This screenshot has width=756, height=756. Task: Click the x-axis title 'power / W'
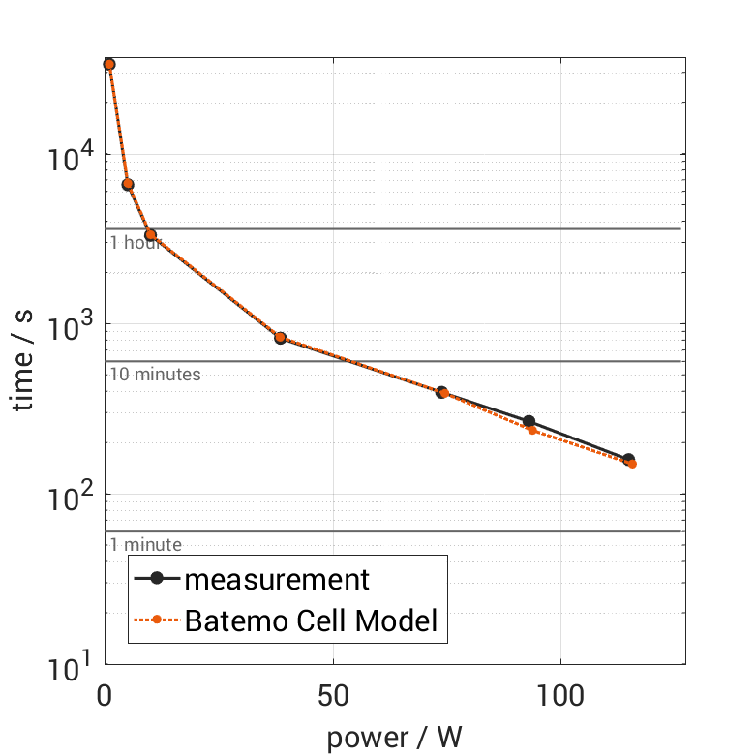(x=394, y=738)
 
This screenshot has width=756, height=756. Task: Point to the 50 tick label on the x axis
(x=333, y=696)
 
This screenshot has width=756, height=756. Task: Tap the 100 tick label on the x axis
(x=560, y=696)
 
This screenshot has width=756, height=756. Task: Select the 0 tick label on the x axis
(x=106, y=696)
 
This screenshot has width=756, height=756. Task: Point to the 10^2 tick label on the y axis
(x=71, y=495)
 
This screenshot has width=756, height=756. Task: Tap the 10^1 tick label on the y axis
(x=71, y=664)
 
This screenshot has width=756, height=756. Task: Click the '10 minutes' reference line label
(x=155, y=375)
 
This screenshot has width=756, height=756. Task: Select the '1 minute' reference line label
(x=145, y=545)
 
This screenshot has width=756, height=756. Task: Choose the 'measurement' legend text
(x=277, y=580)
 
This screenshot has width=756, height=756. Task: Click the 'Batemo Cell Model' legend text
(x=312, y=620)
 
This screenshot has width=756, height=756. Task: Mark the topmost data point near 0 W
(x=109, y=64)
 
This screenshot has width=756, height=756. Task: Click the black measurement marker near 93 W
(x=529, y=421)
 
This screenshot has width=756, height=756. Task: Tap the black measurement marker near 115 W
(x=628, y=460)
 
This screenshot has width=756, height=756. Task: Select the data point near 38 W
(x=281, y=338)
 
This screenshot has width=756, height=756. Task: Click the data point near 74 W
(x=441, y=392)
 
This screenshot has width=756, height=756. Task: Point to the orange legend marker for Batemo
(x=156, y=620)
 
